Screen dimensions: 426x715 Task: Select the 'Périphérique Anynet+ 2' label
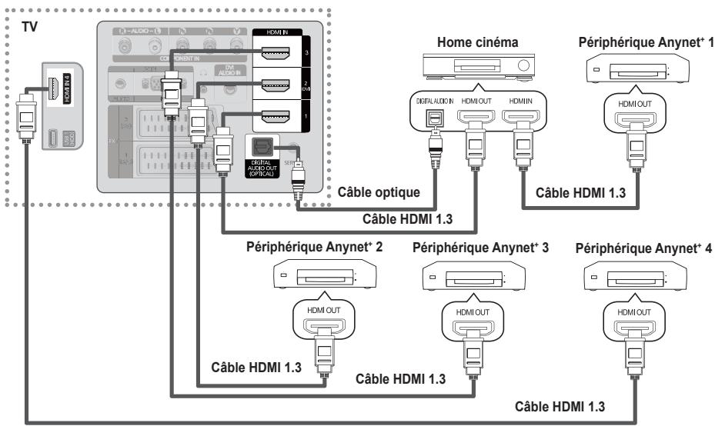click(312, 249)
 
